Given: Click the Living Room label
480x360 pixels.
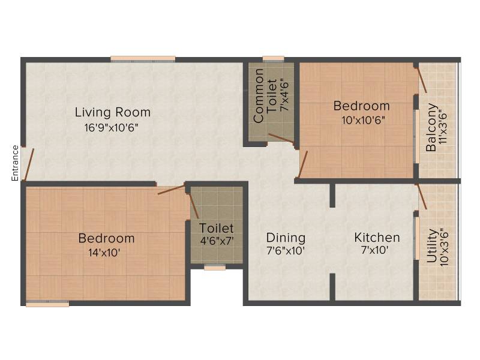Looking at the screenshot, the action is pyautogui.click(x=113, y=112).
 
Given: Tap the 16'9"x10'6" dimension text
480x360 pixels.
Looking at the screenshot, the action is pyautogui.click(x=112, y=127).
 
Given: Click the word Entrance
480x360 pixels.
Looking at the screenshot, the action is pyautogui.click(x=15, y=163).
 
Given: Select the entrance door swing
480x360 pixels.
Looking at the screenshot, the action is pyautogui.click(x=29, y=164).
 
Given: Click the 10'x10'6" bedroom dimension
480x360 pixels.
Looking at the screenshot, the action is pyautogui.click(x=363, y=120).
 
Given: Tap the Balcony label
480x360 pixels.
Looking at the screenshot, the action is pyautogui.click(x=431, y=127).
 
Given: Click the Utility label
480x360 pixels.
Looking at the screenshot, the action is pyautogui.click(x=431, y=246).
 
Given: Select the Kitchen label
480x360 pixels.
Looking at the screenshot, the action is pyautogui.click(x=377, y=238).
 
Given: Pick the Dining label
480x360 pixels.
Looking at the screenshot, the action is pyautogui.click(x=286, y=238).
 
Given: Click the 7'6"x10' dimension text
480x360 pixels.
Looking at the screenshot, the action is pyautogui.click(x=286, y=251).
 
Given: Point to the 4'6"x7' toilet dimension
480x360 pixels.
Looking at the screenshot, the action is pyautogui.click(x=217, y=241).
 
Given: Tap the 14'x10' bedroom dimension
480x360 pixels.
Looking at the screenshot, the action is pyautogui.click(x=104, y=253).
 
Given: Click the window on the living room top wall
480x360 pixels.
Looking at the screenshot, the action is pyautogui.click(x=143, y=59).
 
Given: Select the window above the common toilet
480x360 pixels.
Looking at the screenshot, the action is pyautogui.click(x=274, y=59).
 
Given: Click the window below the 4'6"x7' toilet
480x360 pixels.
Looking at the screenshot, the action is pyautogui.click(x=215, y=268).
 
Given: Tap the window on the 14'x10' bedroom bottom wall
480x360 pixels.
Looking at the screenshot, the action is pyautogui.click(x=47, y=303).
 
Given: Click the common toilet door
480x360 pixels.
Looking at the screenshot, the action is pyautogui.click(x=281, y=139).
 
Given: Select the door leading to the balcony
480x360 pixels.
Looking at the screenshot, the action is pyautogui.click(x=421, y=80).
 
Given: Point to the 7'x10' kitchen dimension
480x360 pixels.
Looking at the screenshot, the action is pyautogui.click(x=375, y=250).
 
